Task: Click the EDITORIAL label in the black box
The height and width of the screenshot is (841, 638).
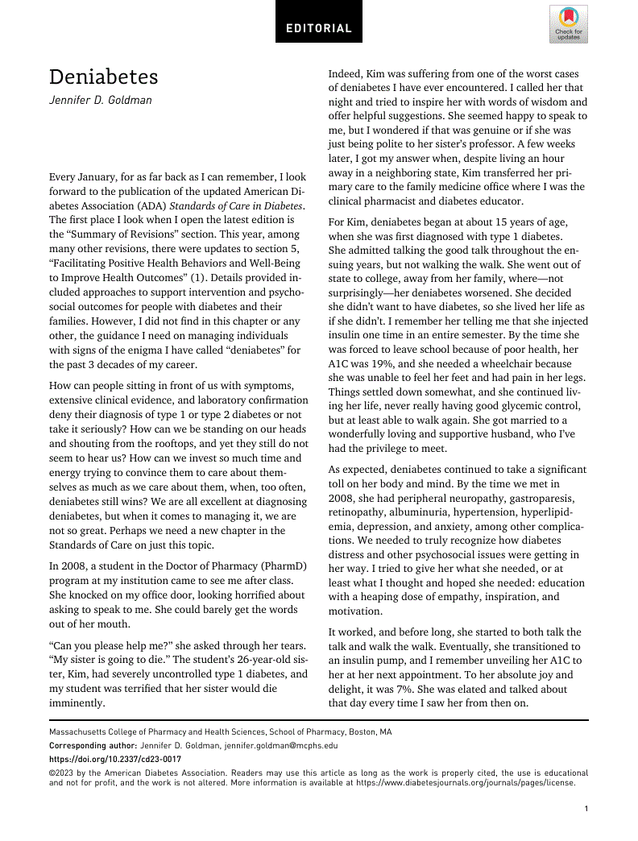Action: [319, 28]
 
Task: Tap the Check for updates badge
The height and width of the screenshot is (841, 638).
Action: [568, 23]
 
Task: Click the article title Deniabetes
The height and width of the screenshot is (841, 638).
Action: [104, 77]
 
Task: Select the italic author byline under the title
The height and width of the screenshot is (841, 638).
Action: [101, 101]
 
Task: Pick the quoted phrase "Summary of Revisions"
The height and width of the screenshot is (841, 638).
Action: [104, 234]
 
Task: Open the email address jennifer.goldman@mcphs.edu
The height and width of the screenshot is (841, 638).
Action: [279, 746]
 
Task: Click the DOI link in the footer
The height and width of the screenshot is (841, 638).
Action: [115, 759]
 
